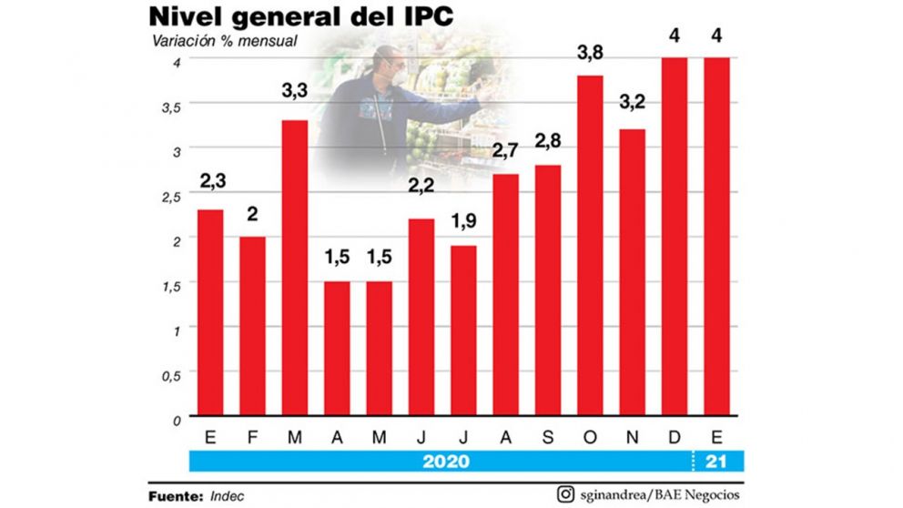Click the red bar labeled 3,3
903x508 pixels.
(x=294, y=269)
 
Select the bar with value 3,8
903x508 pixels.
(x=590, y=246)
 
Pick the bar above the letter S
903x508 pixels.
(x=548, y=291)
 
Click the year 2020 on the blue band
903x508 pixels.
(x=446, y=462)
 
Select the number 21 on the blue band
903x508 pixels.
(x=716, y=462)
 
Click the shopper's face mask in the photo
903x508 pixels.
(x=394, y=70)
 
